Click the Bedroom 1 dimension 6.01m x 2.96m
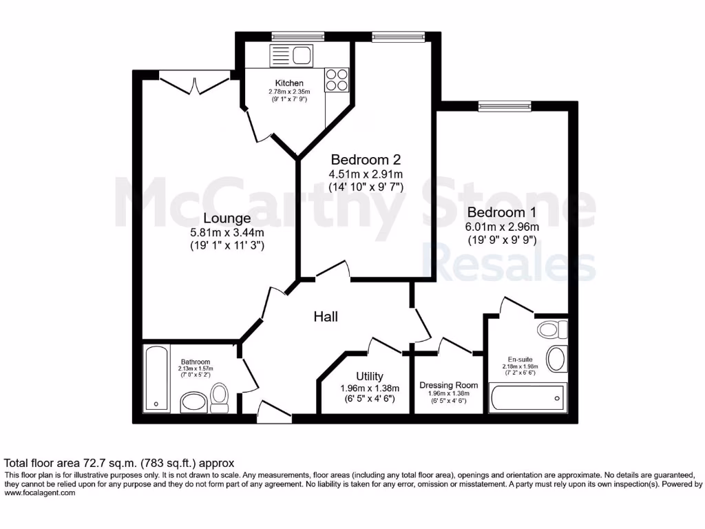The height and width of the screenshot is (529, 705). point(502,227)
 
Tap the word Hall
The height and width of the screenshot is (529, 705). point(326,317)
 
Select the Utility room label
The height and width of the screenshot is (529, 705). point(369,376)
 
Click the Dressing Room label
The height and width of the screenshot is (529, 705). point(448,386)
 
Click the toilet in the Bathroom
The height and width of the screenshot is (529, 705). point(220,397)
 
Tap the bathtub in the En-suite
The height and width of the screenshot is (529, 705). point(527,399)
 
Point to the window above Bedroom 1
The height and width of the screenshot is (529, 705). point(505,106)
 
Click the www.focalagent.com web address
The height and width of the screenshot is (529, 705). point(40,493)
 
